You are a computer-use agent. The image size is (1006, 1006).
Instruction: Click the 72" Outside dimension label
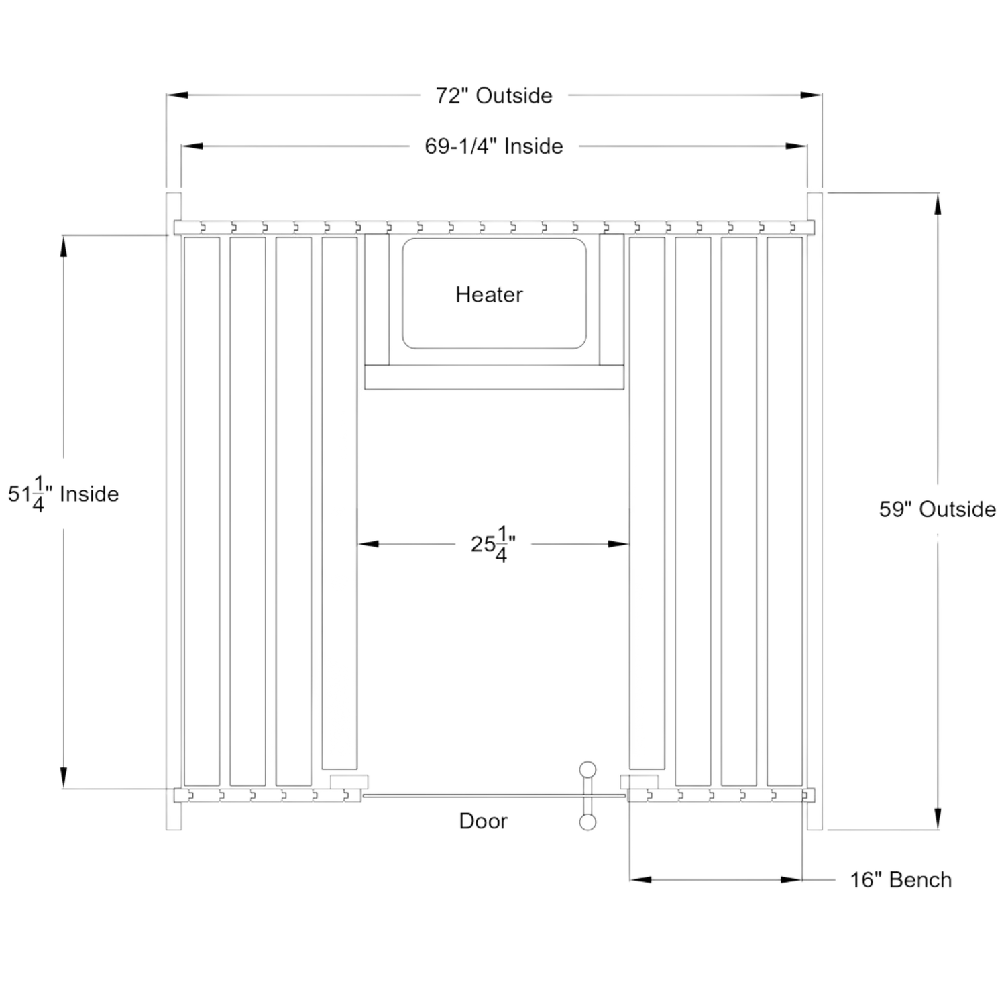(x=494, y=96)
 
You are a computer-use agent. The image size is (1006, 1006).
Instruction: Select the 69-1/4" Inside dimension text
(x=493, y=146)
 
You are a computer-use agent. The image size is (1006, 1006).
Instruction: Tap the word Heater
(x=490, y=294)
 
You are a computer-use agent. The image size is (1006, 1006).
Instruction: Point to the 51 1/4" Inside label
(x=64, y=495)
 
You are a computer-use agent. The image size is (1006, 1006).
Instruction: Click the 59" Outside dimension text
(x=937, y=510)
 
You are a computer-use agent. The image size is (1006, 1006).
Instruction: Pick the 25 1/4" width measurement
(x=496, y=545)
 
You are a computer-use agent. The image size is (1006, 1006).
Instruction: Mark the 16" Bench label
(x=901, y=879)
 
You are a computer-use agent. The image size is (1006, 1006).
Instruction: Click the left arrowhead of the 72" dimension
(x=176, y=96)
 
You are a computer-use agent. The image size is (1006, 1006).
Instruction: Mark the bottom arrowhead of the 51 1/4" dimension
(x=63, y=777)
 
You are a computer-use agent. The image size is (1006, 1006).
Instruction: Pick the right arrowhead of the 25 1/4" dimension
(x=618, y=545)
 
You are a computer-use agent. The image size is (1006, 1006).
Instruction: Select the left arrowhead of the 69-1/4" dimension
(x=190, y=146)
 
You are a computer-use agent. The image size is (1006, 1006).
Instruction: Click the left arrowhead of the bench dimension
(x=638, y=879)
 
